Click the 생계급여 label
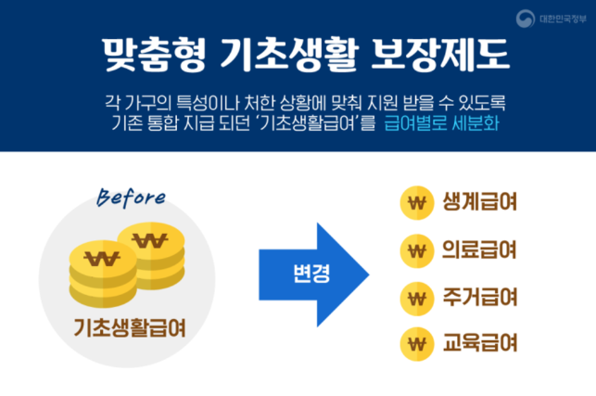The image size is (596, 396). pos(479,202)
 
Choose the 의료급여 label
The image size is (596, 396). pos(479,250)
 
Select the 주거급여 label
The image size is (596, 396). pos(479,299)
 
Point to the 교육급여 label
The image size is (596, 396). pos(479,345)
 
